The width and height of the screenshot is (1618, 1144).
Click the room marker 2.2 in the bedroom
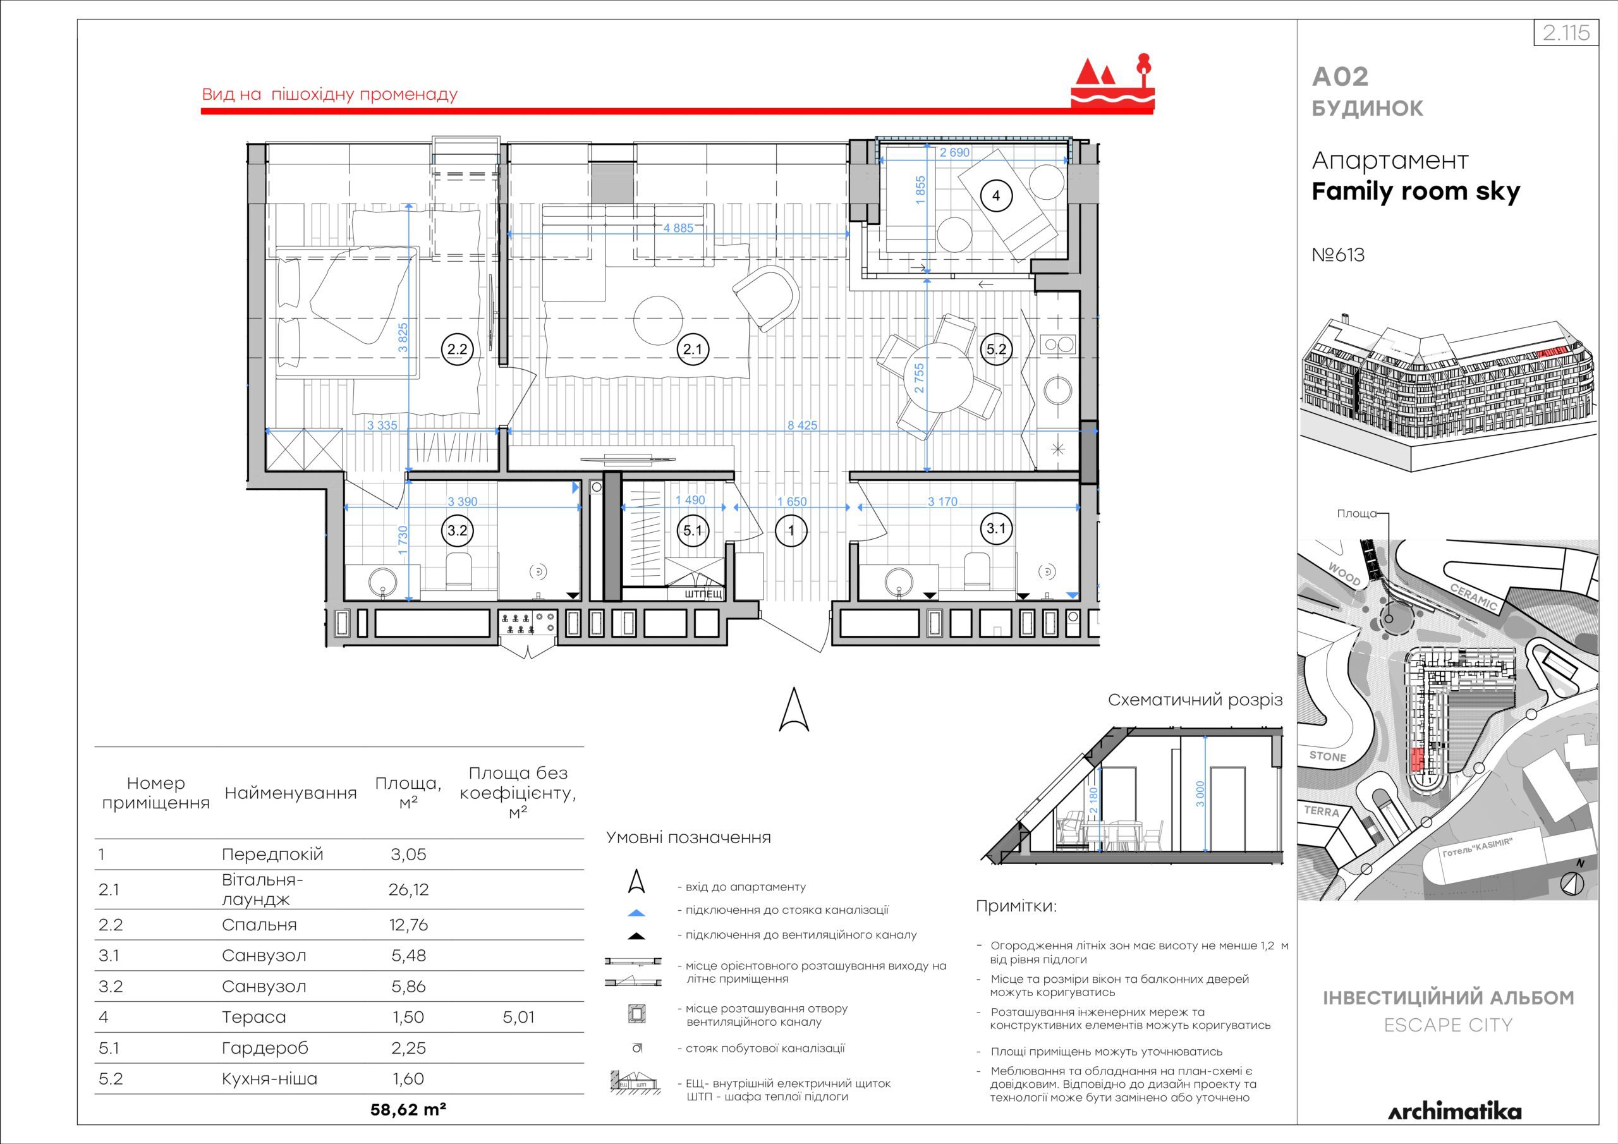tap(458, 349)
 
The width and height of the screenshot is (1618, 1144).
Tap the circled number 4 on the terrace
tap(995, 195)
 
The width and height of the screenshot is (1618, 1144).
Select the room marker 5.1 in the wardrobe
tap(693, 530)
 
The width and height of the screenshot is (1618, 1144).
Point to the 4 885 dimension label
tap(678, 228)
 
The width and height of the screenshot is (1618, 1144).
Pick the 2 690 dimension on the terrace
tap(955, 152)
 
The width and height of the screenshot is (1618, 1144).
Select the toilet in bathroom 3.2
tap(459, 571)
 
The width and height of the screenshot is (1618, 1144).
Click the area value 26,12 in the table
tap(408, 889)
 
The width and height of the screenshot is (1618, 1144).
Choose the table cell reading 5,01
tap(519, 1017)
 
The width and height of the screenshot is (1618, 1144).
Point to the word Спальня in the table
tap(259, 925)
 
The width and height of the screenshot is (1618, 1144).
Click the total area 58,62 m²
tap(408, 1109)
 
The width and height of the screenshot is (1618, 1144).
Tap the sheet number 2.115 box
tap(1565, 33)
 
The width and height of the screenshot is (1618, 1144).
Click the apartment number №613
tap(1338, 255)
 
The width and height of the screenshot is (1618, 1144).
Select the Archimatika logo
tap(1454, 1112)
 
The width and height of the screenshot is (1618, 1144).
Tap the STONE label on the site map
tap(1328, 757)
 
